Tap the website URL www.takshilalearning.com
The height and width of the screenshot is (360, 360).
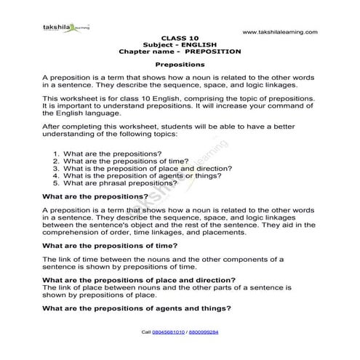click(x=280, y=32)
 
